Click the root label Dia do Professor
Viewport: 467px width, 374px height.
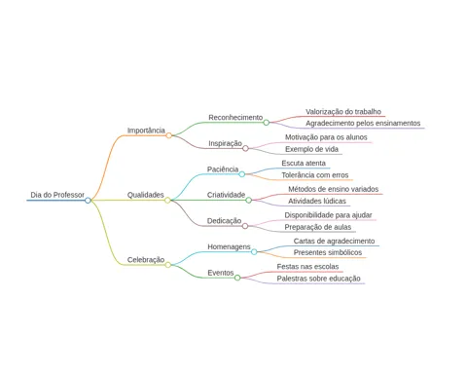click(x=57, y=195)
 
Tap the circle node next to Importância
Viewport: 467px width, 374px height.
click(x=168, y=135)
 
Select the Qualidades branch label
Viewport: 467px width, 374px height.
click(x=145, y=195)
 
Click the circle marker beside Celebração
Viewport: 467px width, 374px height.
click(x=168, y=265)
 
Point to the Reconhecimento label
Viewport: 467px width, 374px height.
click(x=235, y=117)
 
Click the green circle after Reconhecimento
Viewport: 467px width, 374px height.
click(x=267, y=123)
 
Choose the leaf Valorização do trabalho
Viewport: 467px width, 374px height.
click(x=343, y=112)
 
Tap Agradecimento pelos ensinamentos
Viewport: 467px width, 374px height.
click(x=363, y=124)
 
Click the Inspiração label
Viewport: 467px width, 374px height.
click(x=225, y=143)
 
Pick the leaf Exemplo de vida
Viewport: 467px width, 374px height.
click(x=311, y=149)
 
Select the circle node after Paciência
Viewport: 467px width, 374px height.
click(x=242, y=174)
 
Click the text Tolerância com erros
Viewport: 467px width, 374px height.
click(x=315, y=175)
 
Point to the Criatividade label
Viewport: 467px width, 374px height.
click(x=226, y=195)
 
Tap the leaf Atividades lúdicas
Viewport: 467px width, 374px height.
click(x=317, y=202)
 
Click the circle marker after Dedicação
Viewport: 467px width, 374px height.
click(x=245, y=226)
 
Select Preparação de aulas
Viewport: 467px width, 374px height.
click(x=318, y=227)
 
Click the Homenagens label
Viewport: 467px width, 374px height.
click(x=229, y=246)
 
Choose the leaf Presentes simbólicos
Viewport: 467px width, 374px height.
click(x=328, y=252)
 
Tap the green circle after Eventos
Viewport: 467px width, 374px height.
click(x=237, y=278)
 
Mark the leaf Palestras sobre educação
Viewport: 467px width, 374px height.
click(x=318, y=279)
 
